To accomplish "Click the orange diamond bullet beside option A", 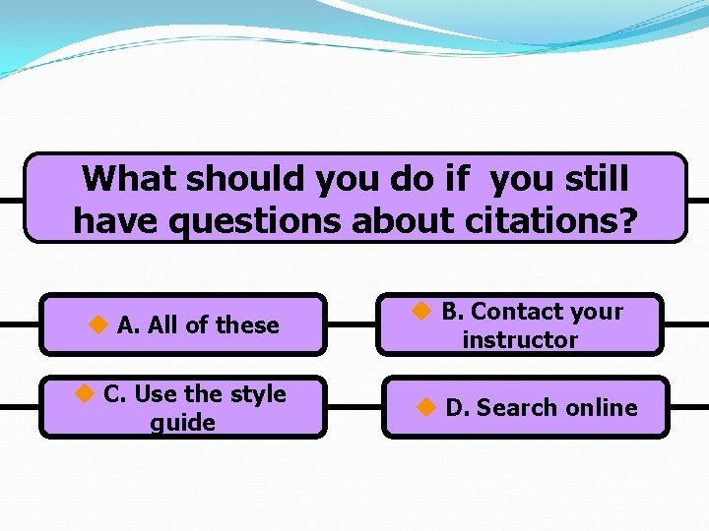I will click(x=98, y=324).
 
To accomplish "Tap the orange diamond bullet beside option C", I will click(x=86, y=393).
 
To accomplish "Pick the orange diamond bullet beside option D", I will click(x=426, y=406).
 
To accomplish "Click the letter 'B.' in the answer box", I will click(x=453, y=312).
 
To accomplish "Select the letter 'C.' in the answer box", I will click(x=115, y=394).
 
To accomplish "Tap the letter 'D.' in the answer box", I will click(x=458, y=408).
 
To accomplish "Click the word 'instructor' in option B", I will click(x=520, y=340).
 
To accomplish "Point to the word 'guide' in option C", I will click(x=182, y=423).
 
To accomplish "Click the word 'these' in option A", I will click(x=247, y=325).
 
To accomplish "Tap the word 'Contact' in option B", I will click(x=517, y=312).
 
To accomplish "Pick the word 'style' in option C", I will click(x=257, y=394).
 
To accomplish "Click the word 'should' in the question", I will click(x=245, y=179).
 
